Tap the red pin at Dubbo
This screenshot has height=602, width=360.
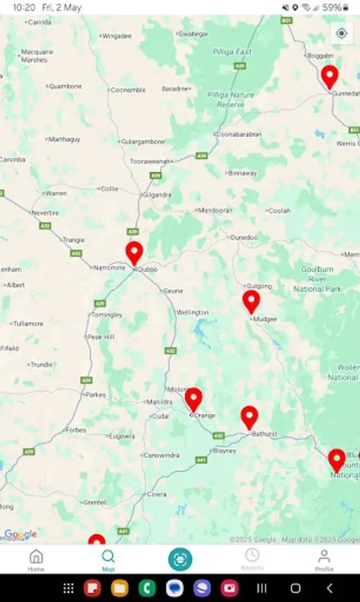pyautogui.click(x=134, y=253)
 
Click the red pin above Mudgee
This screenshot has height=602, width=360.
pyautogui.click(x=251, y=301)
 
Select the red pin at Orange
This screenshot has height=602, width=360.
pyautogui.click(x=193, y=399)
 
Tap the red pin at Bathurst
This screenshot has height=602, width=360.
pyautogui.click(x=250, y=417)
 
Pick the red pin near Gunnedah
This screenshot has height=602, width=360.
pyautogui.click(x=329, y=76)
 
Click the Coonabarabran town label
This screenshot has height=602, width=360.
pyautogui.click(x=238, y=134)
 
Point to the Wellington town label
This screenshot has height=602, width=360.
pyautogui.click(x=192, y=312)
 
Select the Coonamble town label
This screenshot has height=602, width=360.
pyautogui.click(x=128, y=90)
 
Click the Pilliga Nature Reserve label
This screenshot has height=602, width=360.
pyautogui.click(x=231, y=100)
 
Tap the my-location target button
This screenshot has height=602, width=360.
pyautogui.click(x=342, y=33)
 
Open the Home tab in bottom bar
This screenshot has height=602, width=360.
pyautogui.click(x=36, y=559)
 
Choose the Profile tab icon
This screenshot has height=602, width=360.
pyautogui.click(x=324, y=559)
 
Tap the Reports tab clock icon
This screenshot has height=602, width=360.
pyautogui.click(x=252, y=556)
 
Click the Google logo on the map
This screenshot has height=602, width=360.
pyautogui.click(x=20, y=534)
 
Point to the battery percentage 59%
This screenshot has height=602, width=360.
pyautogui.click(x=331, y=7)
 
